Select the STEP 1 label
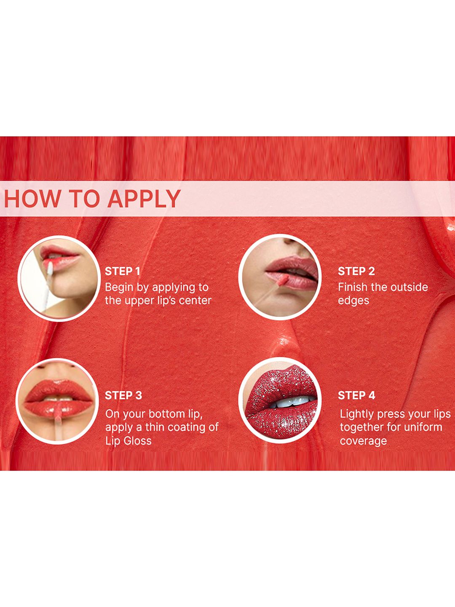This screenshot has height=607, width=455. [122, 271]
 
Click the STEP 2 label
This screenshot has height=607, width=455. [356, 271]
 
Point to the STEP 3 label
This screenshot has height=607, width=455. [123, 395]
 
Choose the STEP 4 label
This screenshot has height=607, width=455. [357, 395]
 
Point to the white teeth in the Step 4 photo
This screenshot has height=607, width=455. [292, 402]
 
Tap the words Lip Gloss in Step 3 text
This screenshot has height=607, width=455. [128, 441]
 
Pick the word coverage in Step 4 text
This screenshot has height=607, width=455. [363, 441]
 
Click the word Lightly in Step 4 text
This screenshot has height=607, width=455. [357, 414]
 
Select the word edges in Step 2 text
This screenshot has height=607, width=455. [353, 301]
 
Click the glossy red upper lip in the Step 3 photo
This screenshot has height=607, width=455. [59, 389]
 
